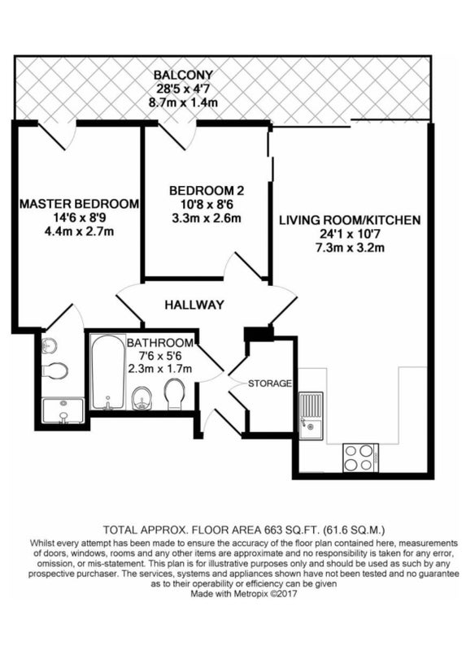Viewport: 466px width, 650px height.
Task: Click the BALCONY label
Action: coord(183,75)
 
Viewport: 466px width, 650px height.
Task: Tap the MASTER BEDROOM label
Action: coord(79,204)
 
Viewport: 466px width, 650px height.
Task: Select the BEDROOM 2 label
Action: coord(207,191)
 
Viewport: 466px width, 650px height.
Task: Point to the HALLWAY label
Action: coord(194,305)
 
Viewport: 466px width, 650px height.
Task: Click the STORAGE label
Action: coord(270,383)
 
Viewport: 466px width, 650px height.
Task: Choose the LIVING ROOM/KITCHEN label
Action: coord(350,220)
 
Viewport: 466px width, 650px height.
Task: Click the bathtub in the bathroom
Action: coord(108,372)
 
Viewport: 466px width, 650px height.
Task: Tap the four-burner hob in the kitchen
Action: coord(360,457)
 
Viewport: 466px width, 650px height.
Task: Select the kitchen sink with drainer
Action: coord(312,415)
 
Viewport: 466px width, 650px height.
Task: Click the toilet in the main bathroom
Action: coord(175,395)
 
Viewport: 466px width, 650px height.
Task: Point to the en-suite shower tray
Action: coord(63,411)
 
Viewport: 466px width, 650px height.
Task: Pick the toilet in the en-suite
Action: coord(54,370)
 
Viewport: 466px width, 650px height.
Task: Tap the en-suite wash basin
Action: coord(50,344)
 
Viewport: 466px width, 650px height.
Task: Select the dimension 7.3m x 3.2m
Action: coord(350,248)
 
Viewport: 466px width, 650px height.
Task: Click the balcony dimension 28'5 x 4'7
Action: coord(183,89)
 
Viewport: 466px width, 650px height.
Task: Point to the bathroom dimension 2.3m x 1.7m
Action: coord(159,368)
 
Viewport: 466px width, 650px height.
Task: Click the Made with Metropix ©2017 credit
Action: coord(244,594)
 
